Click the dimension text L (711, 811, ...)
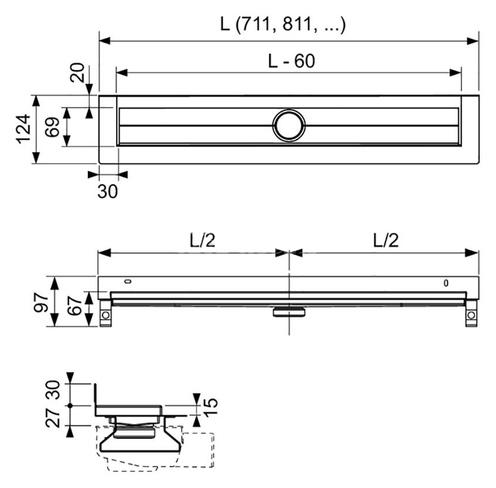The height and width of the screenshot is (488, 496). coord(283,24)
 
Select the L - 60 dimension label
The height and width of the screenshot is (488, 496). coord(291,61)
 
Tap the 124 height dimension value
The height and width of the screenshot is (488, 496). coord(24,129)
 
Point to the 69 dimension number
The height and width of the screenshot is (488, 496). coord(52,127)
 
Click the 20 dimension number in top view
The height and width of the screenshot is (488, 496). coord(77,72)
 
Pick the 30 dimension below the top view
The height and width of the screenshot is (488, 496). coord(108,191)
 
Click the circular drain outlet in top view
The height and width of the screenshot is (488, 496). coord(289,125)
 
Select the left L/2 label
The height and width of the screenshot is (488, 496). coord(202,241)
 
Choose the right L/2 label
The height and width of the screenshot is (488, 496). coord(386,241)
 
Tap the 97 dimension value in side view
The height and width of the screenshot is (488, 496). coord(41,302)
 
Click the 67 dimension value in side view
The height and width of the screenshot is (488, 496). coord(75,306)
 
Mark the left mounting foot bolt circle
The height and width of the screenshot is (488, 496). coord(105,315)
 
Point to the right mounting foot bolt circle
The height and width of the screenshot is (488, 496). coord(471,315)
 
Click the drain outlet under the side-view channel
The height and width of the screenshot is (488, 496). coord(289,311)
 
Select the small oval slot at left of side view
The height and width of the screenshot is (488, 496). coord(128,282)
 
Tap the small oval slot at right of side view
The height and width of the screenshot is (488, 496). coord(446,283)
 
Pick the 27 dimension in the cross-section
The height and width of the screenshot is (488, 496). coord(53,417)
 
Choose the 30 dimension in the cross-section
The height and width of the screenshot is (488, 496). coord(53,390)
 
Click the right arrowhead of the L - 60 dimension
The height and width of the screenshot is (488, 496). coord(456,73)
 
